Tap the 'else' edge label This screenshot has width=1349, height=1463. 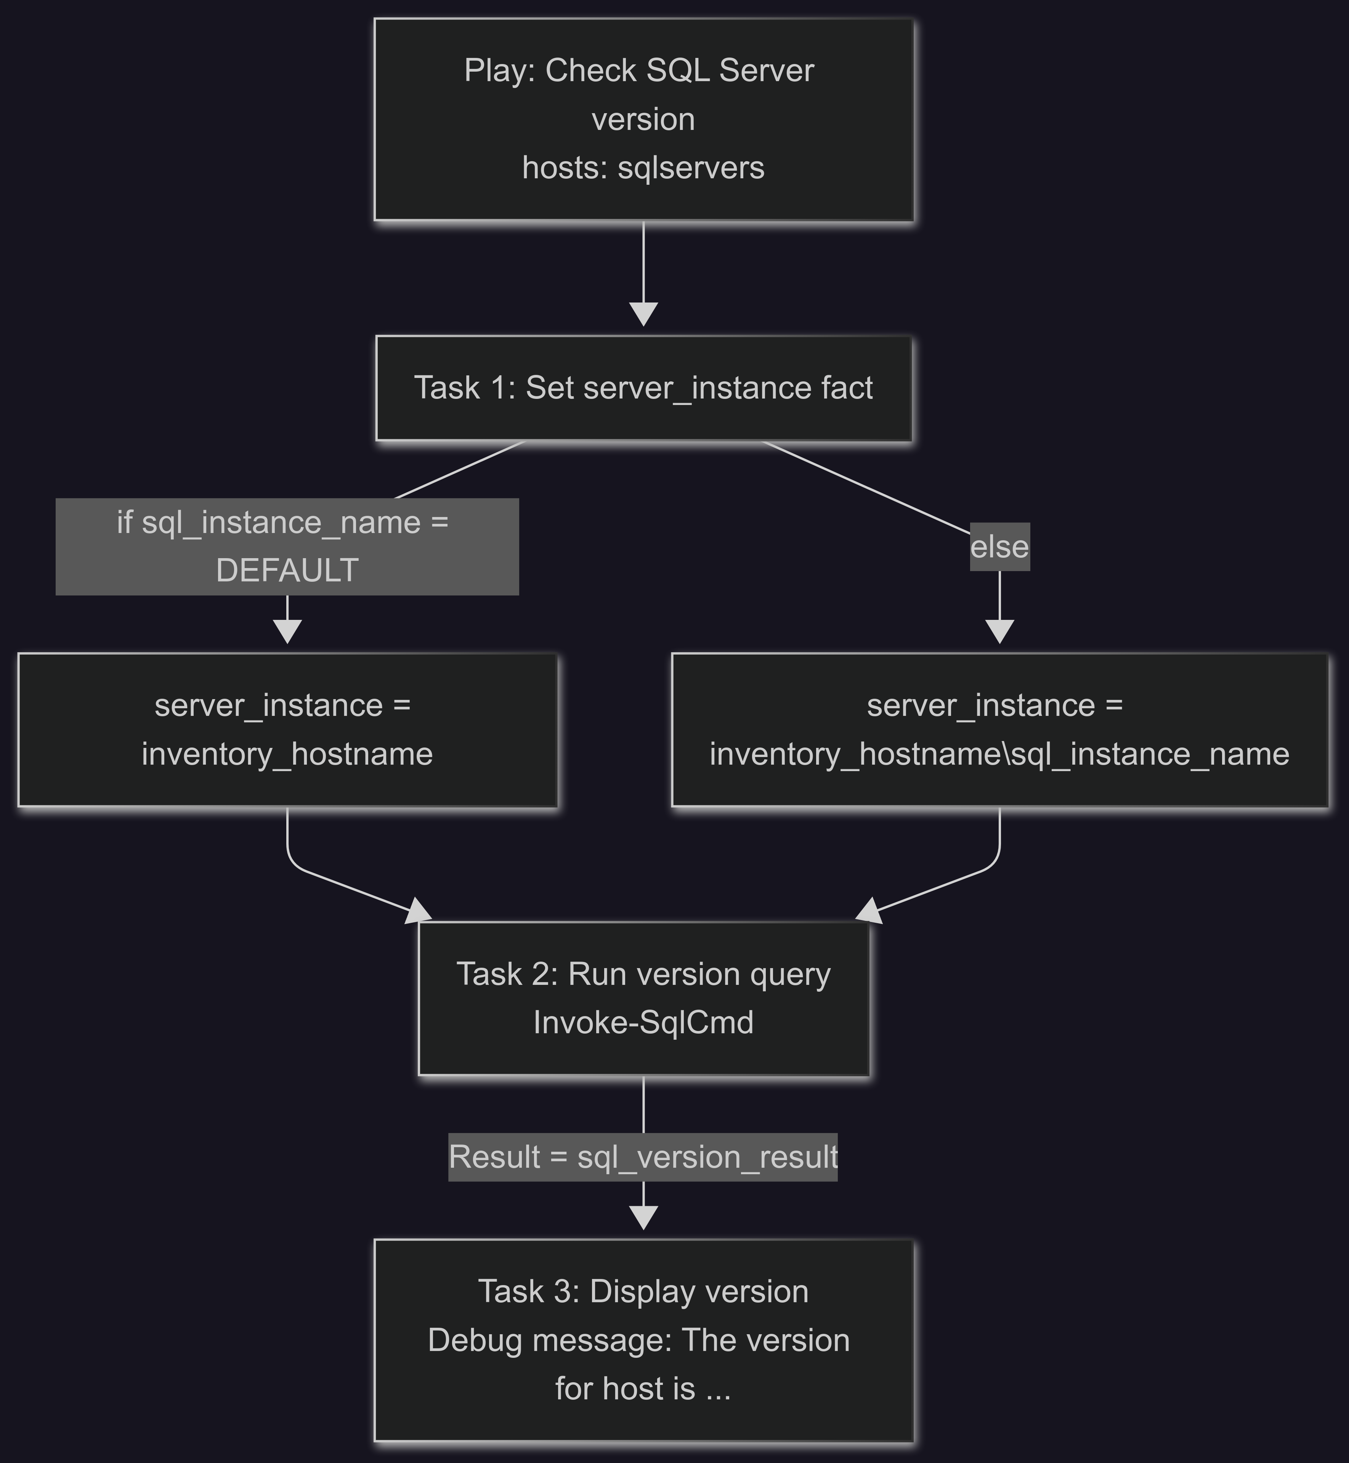coord(999,546)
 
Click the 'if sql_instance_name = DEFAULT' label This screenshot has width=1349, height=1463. coord(287,546)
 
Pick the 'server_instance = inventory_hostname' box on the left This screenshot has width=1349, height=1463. coord(288,730)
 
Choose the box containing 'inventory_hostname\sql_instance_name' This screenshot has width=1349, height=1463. coord(999,730)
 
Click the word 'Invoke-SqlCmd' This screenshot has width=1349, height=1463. coord(643,1022)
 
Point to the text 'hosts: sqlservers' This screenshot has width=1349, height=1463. coord(643,168)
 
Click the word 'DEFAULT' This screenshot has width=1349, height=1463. coord(287,571)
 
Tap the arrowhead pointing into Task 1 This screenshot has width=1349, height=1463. coord(643,314)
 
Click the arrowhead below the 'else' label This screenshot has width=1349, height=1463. coord(999,632)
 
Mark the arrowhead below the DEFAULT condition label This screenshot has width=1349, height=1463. coord(288,632)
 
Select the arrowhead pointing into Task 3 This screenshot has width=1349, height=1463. coord(643,1218)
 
